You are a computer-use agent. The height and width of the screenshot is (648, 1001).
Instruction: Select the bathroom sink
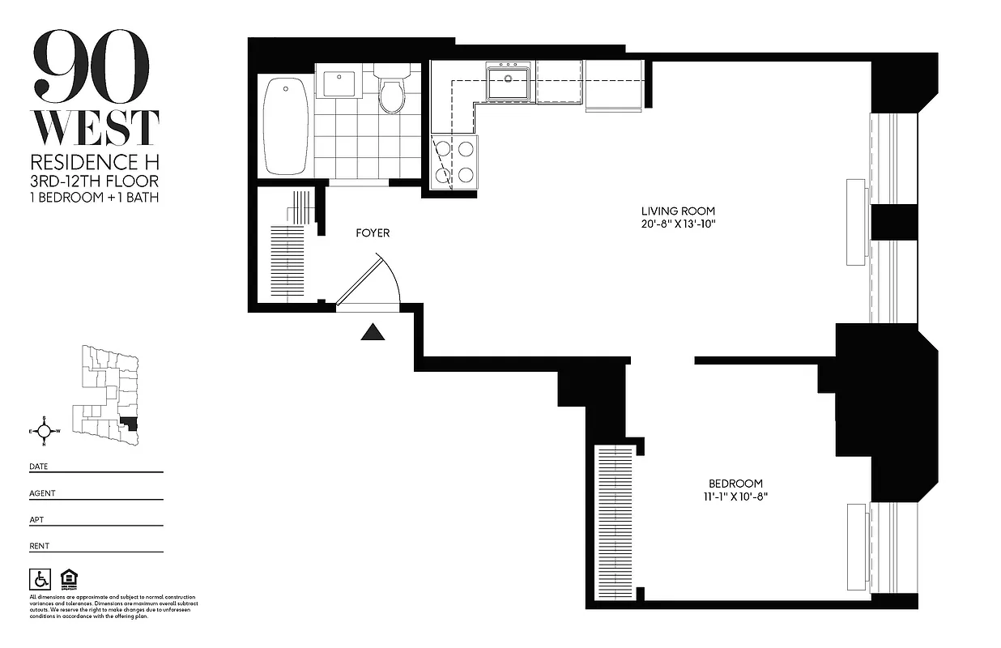[x=339, y=83]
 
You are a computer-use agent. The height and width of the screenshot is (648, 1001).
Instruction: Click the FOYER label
[x=373, y=233]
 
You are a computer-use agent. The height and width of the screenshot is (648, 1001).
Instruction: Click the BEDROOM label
[x=735, y=484]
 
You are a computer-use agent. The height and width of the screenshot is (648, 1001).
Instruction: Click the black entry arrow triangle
[x=373, y=332]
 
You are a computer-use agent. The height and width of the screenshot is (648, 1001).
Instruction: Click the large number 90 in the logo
[x=91, y=66]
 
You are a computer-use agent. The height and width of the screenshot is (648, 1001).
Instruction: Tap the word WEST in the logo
[x=95, y=127]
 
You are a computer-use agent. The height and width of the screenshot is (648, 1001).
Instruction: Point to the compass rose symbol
[x=45, y=431]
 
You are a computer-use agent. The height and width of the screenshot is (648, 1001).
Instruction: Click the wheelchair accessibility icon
[x=39, y=578]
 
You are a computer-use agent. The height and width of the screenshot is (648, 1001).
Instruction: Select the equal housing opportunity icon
[x=66, y=578]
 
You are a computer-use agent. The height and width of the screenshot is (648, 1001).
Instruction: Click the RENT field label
[x=40, y=546]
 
